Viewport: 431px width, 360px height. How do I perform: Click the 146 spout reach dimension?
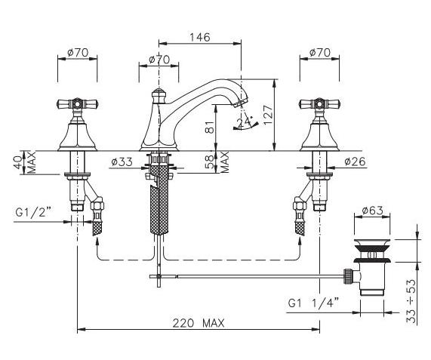pyautogui.click(x=200, y=37)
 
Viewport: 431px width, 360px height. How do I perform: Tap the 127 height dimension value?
pyautogui.click(x=268, y=114)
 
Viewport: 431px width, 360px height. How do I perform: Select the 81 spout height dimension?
pyautogui.click(x=210, y=127)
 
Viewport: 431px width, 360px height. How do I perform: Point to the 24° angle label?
pyautogui.click(x=245, y=122)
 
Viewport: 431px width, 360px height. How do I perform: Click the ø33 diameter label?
pyautogui.click(x=122, y=162)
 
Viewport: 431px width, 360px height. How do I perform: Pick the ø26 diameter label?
pyautogui.click(x=355, y=162)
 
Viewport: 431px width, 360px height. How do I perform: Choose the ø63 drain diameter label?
pyautogui.click(x=372, y=211)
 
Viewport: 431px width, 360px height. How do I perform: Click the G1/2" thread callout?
pyautogui.click(x=33, y=212)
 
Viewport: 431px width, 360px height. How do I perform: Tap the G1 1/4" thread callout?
pyautogui.click(x=313, y=303)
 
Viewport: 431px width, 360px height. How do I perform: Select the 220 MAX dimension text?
pyautogui.click(x=199, y=323)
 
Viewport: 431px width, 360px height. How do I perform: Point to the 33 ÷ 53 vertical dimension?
pyautogui.click(x=411, y=301)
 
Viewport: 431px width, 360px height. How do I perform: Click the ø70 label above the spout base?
pyautogui.click(x=159, y=60)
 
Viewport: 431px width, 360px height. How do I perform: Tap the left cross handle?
pyautogui.click(x=78, y=104)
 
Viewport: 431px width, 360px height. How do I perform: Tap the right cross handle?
pyautogui.click(x=319, y=104)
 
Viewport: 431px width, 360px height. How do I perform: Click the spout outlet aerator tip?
pyautogui.click(x=239, y=103)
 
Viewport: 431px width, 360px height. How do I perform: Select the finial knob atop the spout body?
pyautogui.click(x=159, y=95)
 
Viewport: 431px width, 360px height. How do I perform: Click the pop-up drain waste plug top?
pyautogui.click(x=372, y=243)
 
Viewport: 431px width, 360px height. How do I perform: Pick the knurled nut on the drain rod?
pyautogui.click(x=347, y=276)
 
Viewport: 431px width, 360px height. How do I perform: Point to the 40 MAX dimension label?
pyautogui.click(x=24, y=162)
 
